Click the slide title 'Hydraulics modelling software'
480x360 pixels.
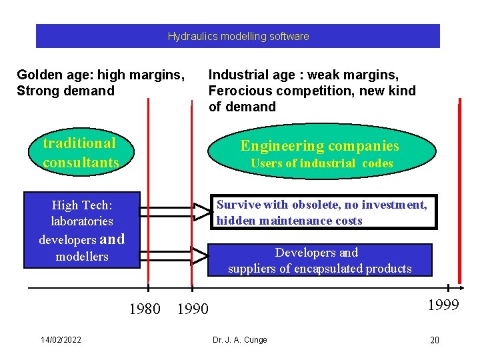tap(238, 37)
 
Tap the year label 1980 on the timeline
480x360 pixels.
tap(144, 309)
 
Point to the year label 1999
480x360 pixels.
tap(443, 305)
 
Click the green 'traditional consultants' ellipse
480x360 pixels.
tap(79, 153)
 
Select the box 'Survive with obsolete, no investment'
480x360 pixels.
tap(324, 213)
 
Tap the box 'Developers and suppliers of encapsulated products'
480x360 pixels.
tap(320, 261)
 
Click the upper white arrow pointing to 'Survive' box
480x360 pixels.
tap(173, 212)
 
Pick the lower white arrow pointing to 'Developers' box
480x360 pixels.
tap(173, 254)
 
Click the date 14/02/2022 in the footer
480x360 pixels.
tap(61, 340)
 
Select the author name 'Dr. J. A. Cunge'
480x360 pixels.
tap(240, 340)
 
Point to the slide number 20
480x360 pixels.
tap(434, 341)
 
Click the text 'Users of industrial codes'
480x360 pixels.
tap(321, 163)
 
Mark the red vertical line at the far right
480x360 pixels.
tap(459, 193)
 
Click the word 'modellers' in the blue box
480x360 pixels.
tap(82, 257)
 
